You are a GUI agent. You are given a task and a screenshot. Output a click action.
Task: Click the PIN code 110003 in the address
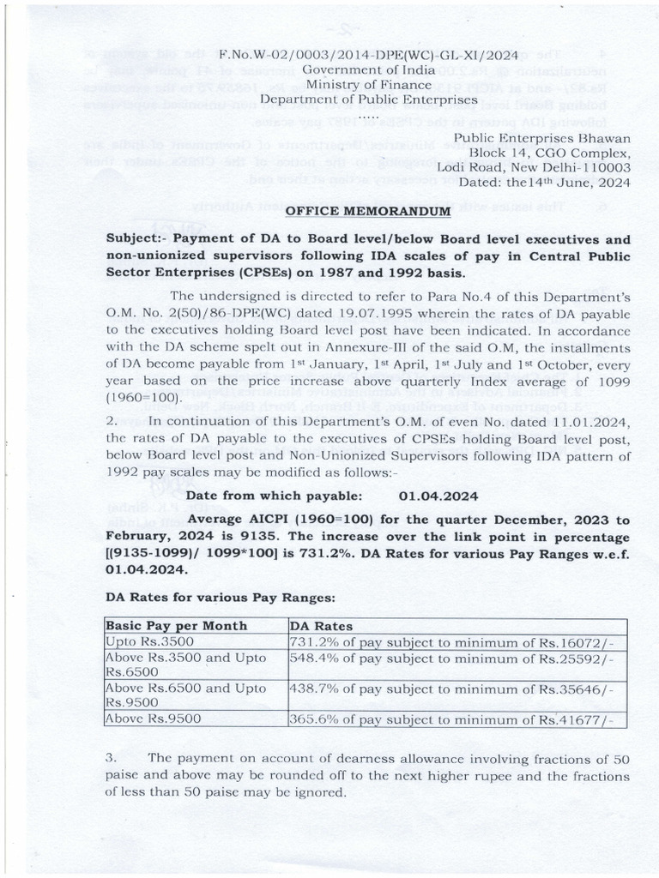(604, 167)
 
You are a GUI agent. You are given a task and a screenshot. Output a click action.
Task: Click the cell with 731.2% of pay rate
(452, 641)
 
